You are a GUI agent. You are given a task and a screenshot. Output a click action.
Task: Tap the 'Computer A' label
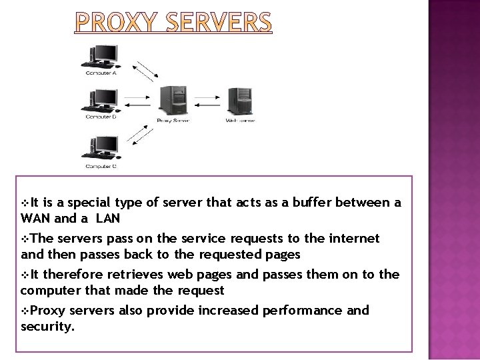click(x=101, y=73)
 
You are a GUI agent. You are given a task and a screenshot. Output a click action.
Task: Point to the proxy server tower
click(x=172, y=101)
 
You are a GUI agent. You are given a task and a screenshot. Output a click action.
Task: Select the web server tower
click(x=239, y=101)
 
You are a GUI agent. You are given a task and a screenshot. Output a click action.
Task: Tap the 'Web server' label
click(x=240, y=121)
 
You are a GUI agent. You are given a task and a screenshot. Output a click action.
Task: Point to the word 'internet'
click(x=353, y=238)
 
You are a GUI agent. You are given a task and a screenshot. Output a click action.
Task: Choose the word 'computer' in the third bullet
click(x=47, y=290)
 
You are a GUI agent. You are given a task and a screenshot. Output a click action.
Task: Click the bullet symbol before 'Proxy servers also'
click(x=25, y=311)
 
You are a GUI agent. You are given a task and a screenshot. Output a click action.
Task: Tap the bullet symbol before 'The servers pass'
click(x=25, y=238)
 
